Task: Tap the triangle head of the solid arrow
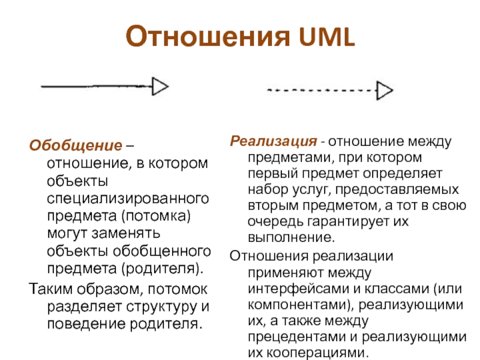[x=160, y=87]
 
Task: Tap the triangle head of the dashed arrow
[x=385, y=91]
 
